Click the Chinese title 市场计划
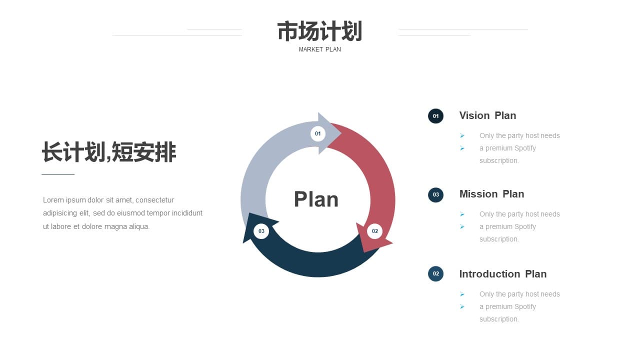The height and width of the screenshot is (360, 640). [x=319, y=31]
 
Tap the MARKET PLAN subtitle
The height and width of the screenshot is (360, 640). [x=319, y=49]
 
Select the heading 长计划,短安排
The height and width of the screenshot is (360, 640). [x=109, y=152]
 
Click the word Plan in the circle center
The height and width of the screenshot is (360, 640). [x=316, y=199]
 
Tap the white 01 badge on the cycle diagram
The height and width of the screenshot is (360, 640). [x=317, y=133]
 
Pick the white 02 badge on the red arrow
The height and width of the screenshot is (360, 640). [x=374, y=231]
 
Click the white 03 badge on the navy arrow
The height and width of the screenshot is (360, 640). [x=261, y=231]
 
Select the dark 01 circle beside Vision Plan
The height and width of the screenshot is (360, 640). [x=435, y=116]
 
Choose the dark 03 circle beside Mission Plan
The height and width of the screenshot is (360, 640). [x=435, y=195]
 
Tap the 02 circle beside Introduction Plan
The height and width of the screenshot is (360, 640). [x=435, y=273]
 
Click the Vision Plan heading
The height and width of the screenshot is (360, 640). [x=487, y=115]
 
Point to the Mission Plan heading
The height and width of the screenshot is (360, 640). [x=491, y=194]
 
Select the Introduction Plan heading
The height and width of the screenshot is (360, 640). [x=503, y=274]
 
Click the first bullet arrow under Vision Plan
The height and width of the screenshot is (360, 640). [x=462, y=135]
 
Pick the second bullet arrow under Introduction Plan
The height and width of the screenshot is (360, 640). [x=462, y=307]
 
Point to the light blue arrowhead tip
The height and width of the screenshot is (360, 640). [x=341, y=133]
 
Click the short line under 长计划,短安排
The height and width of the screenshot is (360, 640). [x=58, y=174]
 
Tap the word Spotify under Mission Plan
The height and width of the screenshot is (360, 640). [x=524, y=227]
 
